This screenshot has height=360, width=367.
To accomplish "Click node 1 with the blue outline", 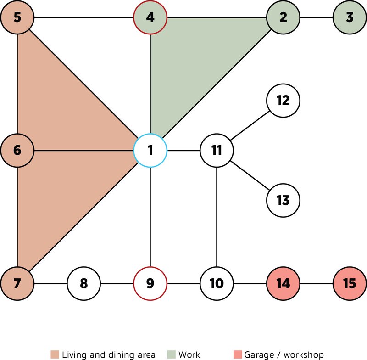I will click(x=150, y=150).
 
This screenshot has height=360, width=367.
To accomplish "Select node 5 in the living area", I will click(x=17, y=18).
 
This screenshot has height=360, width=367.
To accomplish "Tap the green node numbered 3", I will click(x=350, y=18).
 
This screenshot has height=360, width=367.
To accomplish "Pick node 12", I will click(x=283, y=100).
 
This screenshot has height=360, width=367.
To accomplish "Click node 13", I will click(x=283, y=201).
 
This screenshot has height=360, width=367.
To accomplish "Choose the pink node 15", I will click(x=350, y=283).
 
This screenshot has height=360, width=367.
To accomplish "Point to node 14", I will click(x=283, y=283).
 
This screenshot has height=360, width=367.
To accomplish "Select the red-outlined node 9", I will click(x=150, y=283).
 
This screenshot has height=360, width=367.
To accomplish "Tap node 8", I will click(x=83, y=283).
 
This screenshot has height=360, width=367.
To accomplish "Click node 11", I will click(x=217, y=150).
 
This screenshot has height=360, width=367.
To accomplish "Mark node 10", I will click(x=217, y=283).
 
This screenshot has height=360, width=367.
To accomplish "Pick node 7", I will click(x=17, y=283).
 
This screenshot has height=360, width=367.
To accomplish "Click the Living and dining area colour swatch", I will click(x=55, y=354).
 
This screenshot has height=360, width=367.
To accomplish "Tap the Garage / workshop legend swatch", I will click(x=237, y=354).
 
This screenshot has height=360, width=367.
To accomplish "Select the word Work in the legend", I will click(x=189, y=354).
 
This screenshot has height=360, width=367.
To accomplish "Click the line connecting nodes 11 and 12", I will click(x=250, y=125).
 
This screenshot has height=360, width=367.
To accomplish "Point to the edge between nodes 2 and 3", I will click(x=317, y=18).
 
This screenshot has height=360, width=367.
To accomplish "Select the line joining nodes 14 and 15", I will click(x=317, y=283).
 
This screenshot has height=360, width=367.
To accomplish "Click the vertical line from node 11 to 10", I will click(x=217, y=216).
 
